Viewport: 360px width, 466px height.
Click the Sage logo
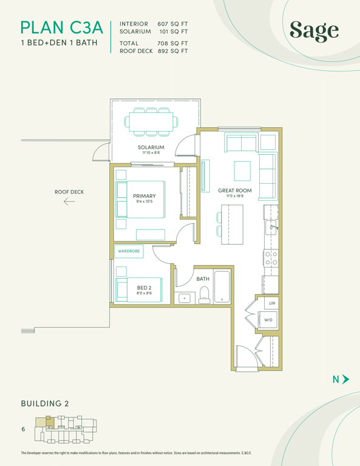[314, 31]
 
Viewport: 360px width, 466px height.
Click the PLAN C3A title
[62, 28]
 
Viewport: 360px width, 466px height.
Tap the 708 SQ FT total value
[172, 44]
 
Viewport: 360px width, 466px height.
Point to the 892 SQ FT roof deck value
[172, 51]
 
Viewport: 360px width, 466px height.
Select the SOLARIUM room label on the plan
[151, 147]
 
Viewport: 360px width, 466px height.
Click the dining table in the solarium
[151, 122]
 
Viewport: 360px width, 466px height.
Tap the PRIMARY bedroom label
[144, 196]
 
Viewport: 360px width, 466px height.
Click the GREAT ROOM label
[235, 191]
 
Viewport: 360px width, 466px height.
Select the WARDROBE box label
[129, 251]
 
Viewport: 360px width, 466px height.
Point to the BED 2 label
[144, 288]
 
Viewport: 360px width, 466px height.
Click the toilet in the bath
[204, 295]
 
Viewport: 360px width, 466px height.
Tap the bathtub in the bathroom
[222, 286]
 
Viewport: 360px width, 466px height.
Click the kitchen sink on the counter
[271, 228]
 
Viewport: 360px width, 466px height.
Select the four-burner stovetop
[271, 258]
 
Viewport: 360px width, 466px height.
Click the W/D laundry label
[268, 320]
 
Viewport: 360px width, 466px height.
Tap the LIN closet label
[272, 303]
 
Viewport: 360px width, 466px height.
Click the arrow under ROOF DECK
[69, 202]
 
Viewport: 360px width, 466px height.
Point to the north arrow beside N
[345, 379]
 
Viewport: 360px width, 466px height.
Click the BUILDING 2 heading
[45, 404]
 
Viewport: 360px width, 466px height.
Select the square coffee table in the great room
[242, 171]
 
